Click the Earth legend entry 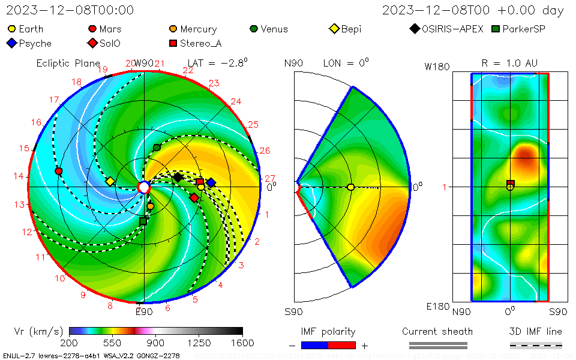point(25,29)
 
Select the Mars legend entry point(105,29)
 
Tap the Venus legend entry point(268,29)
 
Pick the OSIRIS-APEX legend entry point(446,29)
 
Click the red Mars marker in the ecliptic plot point(58,171)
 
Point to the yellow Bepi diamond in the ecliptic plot point(110,181)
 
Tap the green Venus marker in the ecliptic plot point(157,148)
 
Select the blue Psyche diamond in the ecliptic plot point(211,182)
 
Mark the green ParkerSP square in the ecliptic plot point(143,221)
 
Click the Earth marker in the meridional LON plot point(351,187)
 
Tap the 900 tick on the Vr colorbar point(156,343)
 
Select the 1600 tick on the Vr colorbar point(242,343)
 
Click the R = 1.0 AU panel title point(509,63)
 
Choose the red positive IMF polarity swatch point(342,345)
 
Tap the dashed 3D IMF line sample point(536,345)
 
